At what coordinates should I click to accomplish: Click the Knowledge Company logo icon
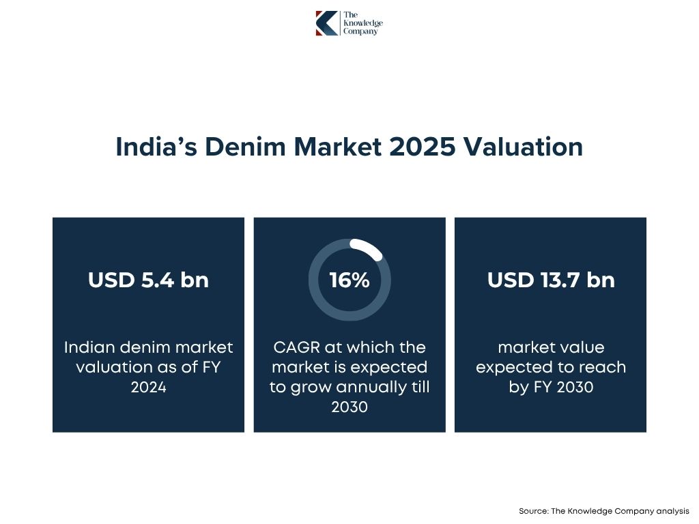326,23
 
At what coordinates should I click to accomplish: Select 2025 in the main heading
421,147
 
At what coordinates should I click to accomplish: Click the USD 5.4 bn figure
148,280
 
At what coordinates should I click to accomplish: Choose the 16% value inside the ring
349,280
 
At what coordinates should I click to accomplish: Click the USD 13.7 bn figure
550,280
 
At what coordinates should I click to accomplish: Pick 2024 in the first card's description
148,388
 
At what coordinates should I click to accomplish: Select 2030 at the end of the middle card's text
349,407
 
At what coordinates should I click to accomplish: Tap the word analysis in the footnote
672,511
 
